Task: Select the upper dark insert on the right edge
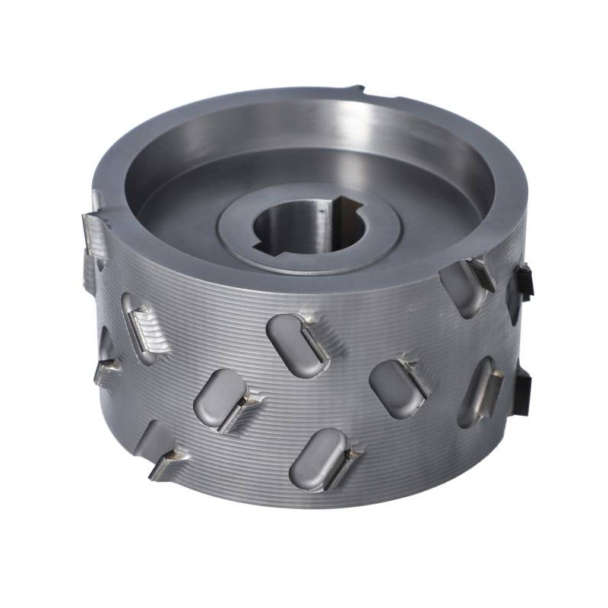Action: (x=524, y=281)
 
